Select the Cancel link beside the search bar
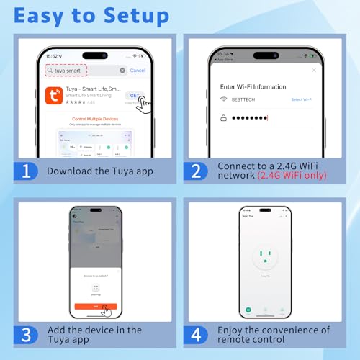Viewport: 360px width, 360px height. tap(138, 71)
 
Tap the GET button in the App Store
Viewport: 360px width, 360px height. tap(135, 95)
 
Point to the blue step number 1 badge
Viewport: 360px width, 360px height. tap(26, 171)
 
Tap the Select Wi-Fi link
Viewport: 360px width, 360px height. tap(301, 99)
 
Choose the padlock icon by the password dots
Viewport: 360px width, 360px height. tap(224, 117)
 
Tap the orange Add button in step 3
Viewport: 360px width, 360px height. tap(95, 307)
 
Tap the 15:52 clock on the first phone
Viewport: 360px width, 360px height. tap(52, 56)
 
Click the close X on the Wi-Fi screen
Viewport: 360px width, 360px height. tap(313, 71)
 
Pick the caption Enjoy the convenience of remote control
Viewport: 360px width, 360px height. tap(274, 336)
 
